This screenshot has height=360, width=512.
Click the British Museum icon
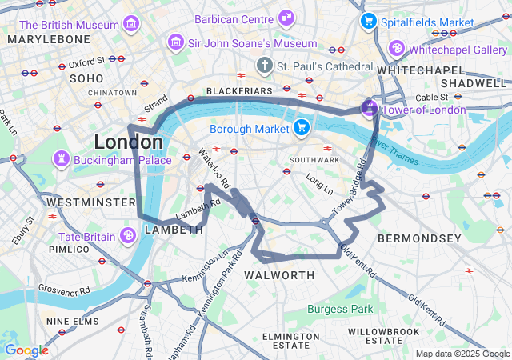pyautogui.click(x=131, y=26)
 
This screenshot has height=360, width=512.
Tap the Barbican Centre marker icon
pyautogui.click(x=286, y=18)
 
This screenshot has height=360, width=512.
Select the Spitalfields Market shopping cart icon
pyautogui.click(x=369, y=22)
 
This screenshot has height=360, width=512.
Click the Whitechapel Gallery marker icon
pyautogui.click(x=397, y=50)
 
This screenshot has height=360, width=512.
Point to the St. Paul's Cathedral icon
pyautogui.click(x=264, y=65)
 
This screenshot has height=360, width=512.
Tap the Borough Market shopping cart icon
pyautogui.click(x=302, y=127)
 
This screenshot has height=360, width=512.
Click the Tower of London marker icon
pyautogui.click(x=370, y=108)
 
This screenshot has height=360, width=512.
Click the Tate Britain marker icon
pyautogui.click(x=127, y=236)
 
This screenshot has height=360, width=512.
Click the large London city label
pyautogui.click(x=128, y=142)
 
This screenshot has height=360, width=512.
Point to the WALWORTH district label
pyautogui.click(x=279, y=275)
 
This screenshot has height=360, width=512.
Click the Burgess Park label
pyautogui.click(x=340, y=309)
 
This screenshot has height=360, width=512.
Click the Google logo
pyautogui.click(x=26, y=350)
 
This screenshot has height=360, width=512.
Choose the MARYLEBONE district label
pyautogui.click(x=49, y=39)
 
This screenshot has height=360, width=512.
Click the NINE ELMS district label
pyautogui.click(x=73, y=322)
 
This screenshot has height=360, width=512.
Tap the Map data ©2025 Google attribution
pyautogui.click(x=462, y=354)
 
